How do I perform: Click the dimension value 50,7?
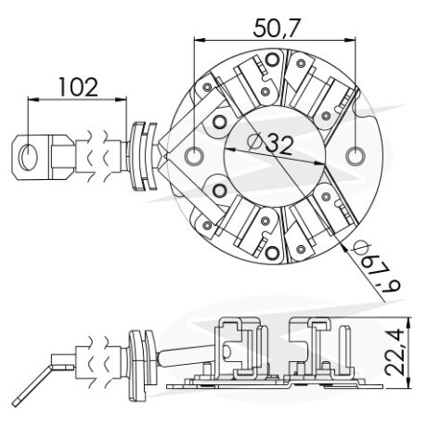pos(277,28)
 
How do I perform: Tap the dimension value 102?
pos(78,87)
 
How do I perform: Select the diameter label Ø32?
pos(270,143)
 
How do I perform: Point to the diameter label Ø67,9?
pos(377,267)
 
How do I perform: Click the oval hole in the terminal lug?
pos(28,157)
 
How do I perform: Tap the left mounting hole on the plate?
pos(194,156)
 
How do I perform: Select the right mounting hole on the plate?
pos(356,156)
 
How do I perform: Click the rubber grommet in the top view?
pos(143,156)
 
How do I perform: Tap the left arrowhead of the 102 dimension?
pos(32,99)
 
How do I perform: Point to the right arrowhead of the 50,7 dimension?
pos(351,40)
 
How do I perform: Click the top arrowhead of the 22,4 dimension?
pos(409,322)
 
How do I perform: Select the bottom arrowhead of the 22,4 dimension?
pos(409,383)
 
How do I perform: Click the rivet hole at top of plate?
pos(272,59)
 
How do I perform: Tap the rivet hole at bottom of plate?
pos(272,253)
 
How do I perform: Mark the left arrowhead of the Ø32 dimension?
pos(229,149)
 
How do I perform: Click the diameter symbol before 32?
pos(255,141)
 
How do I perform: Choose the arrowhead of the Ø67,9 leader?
pos(344,246)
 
